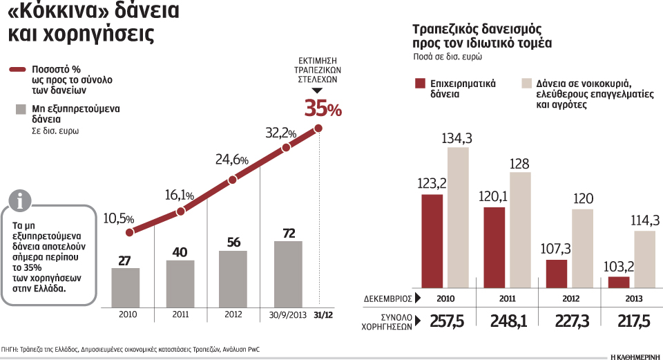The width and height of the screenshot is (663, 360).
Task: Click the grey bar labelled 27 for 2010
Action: (x=125, y=287)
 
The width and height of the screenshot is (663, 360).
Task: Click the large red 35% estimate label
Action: (x=323, y=108)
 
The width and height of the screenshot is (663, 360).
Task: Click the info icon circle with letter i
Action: (x=23, y=201)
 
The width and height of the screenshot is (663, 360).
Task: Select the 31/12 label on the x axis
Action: (x=321, y=314)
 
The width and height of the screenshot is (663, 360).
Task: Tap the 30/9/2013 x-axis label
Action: (x=287, y=314)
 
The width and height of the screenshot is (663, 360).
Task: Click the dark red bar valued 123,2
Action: (x=432, y=240)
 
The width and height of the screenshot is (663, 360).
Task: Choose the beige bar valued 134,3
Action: (x=457, y=217)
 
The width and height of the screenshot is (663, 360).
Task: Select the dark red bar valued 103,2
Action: (x=618, y=282)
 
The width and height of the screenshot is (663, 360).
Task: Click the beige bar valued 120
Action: (x=583, y=247)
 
